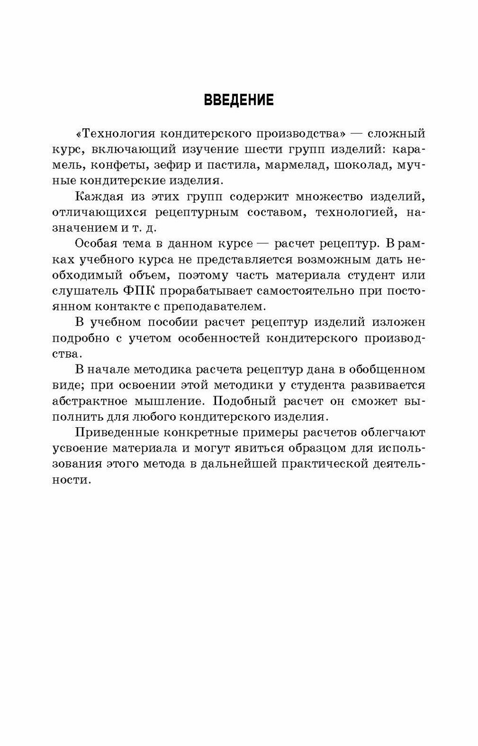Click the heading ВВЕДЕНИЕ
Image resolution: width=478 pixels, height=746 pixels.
pos(238,100)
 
